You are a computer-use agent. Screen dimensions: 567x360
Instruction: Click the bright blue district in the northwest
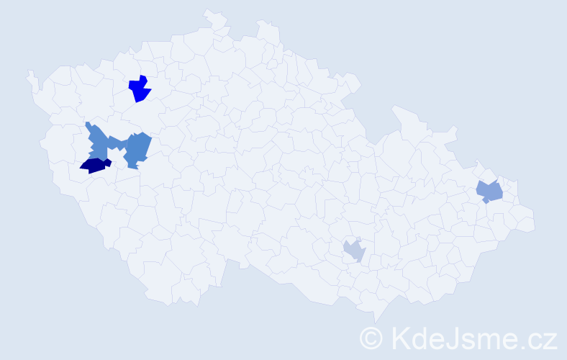click(139, 89)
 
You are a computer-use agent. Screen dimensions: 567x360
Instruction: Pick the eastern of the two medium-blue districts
click(137, 148)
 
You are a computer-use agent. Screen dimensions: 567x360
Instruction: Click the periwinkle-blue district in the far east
click(490, 192)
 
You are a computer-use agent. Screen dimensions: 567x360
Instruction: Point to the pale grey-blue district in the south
click(353, 251)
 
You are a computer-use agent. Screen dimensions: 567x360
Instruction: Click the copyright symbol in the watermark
click(371, 338)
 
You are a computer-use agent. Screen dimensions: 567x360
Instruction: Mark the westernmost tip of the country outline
click(29, 73)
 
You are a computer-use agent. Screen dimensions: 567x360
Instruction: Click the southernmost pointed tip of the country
click(376, 322)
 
